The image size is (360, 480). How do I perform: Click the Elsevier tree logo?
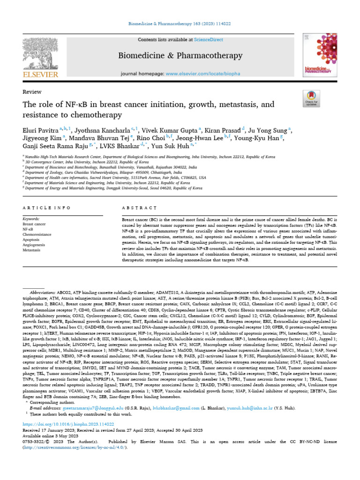(39, 55)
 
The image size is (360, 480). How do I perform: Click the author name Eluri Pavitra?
(40, 128)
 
